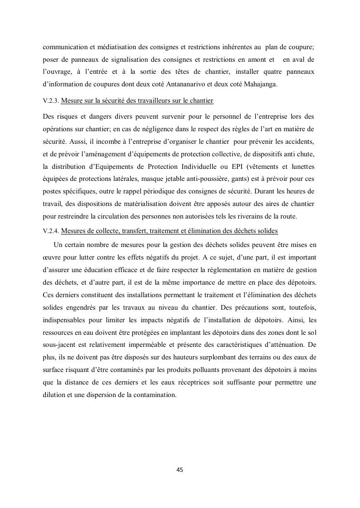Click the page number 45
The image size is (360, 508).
(180, 469)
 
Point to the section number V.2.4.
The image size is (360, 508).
(51, 231)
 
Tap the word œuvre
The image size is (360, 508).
(51, 257)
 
